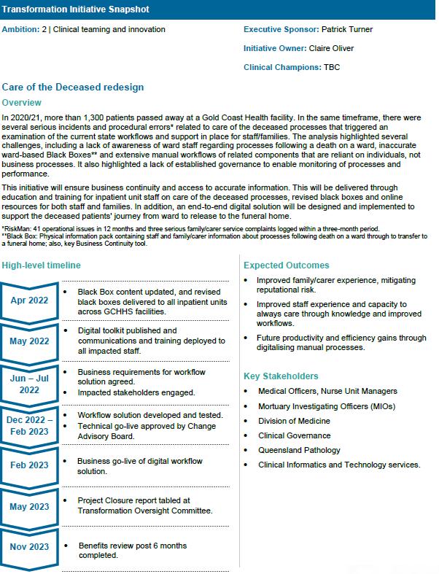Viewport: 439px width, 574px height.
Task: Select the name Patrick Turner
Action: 347,30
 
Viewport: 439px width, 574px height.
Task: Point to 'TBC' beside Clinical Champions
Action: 332,68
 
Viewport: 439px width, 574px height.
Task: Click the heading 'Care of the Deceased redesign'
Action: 73,88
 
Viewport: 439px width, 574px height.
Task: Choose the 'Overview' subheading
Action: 22,103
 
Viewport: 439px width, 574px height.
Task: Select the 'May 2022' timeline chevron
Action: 29,341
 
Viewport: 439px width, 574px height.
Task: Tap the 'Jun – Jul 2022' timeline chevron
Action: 29,384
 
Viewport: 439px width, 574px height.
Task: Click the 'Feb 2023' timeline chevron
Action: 29,465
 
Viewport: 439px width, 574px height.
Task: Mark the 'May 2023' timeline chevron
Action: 29,506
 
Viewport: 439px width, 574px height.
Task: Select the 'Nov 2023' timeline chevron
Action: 29,546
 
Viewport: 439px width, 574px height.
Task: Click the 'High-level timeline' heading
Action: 42,265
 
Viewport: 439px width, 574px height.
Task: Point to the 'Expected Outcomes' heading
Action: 287,265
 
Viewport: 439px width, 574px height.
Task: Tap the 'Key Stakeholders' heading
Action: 281,376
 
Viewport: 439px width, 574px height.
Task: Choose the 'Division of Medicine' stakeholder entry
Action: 294,421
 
